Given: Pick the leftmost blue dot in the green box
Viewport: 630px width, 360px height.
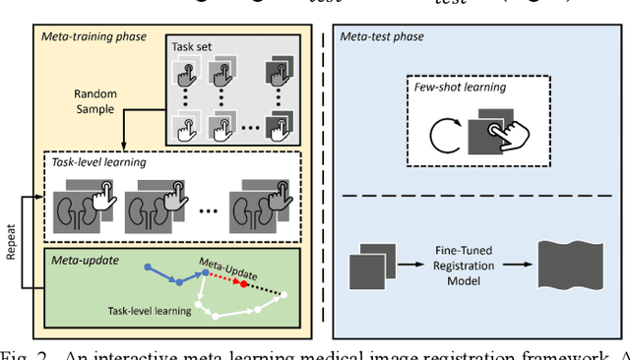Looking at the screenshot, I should (x=147, y=268).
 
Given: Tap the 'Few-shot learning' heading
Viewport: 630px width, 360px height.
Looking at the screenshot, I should (x=460, y=87).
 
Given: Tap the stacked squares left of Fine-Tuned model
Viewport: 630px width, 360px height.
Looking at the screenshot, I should (x=372, y=269).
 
